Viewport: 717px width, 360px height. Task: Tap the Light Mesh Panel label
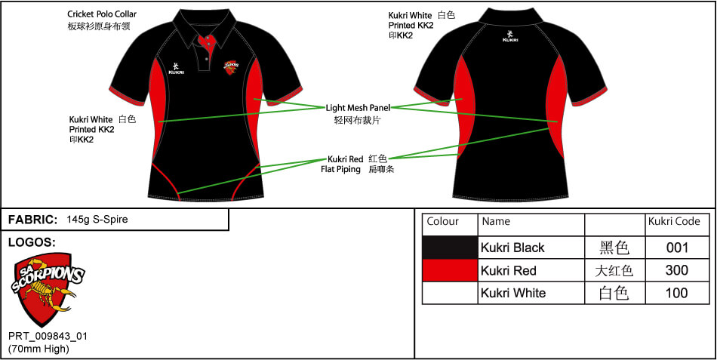pyautogui.click(x=358, y=108)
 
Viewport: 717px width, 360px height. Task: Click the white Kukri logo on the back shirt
pyautogui.click(x=511, y=35)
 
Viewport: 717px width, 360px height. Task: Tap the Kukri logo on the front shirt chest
pyautogui.click(x=176, y=68)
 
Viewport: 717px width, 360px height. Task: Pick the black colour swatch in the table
pyautogui.click(x=450, y=248)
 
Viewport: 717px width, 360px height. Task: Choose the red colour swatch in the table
pyautogui.click(x=450, y=270)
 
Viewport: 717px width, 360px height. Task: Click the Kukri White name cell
pyautogui.click(x=513, y=293)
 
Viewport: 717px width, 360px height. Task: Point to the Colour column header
pyautogui.click(x=443, y=222)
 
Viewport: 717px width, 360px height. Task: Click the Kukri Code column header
pyautogui.click(x=674, y=222)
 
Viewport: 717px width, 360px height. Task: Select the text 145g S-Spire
pyautogui.click(x=97, y=220)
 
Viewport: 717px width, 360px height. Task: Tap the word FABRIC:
pyautogui.click(x=32, y=220)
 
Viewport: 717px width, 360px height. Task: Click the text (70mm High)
pyautogui.click(x=38, y=349)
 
